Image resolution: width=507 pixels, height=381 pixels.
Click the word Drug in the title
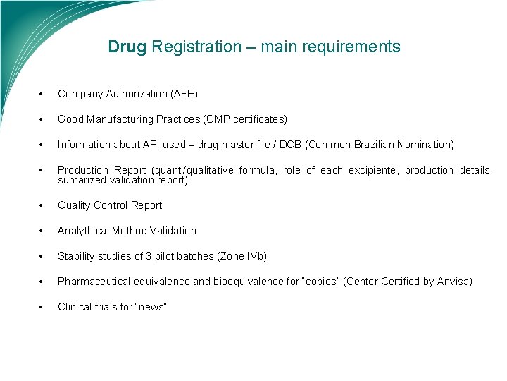(x=127, y=47)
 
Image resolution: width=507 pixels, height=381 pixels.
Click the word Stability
(x=77, y=256)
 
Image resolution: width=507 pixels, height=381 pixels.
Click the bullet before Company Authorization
(x=42, y=95)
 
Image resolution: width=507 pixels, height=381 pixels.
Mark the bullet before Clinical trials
(x=42, y=308)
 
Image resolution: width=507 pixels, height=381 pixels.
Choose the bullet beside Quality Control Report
(x=42, y=206)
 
